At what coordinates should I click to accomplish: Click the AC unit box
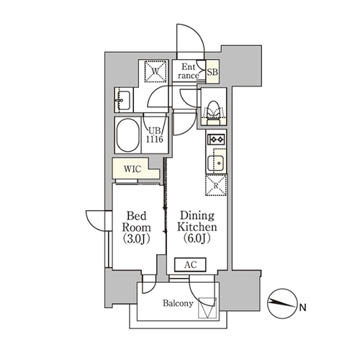190,265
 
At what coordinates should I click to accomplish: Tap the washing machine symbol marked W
156,71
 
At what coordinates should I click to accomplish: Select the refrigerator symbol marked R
216,185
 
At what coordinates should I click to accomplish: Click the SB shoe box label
212,72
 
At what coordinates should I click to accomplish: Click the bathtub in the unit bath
128,135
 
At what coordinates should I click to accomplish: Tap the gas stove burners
217,139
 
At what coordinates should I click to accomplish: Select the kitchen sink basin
216,163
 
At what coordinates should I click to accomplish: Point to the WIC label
132,169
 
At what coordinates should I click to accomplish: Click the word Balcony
178,303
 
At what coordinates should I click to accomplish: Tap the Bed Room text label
136,222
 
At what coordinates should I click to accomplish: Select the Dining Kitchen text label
197,221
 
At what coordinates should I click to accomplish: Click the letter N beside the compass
303,307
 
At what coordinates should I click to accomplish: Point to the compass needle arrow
282,303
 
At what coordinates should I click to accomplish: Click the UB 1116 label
155,135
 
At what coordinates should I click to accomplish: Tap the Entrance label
189,71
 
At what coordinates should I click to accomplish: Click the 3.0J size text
136,239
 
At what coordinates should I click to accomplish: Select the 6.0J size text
197,238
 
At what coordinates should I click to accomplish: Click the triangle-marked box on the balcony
207,308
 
